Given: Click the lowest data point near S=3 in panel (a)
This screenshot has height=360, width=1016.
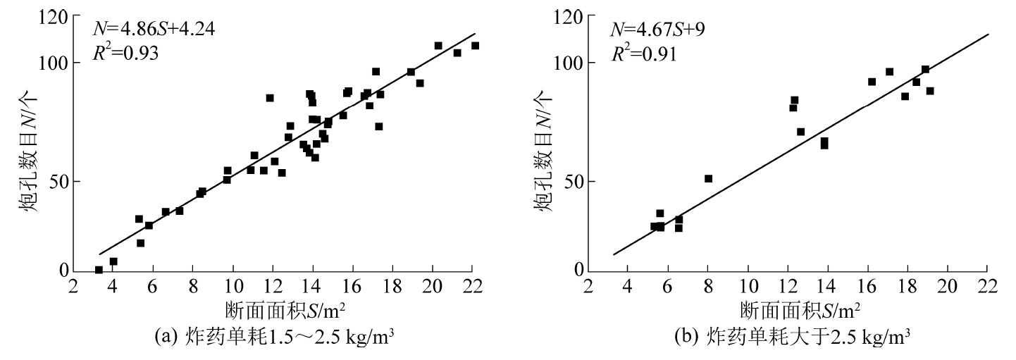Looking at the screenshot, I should [99, 270].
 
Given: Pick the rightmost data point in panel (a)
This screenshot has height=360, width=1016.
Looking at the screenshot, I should [475, 46].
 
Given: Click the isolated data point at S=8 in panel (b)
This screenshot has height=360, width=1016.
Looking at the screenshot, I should [709, 179].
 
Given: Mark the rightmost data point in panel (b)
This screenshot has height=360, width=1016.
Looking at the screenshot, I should [930, 91].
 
